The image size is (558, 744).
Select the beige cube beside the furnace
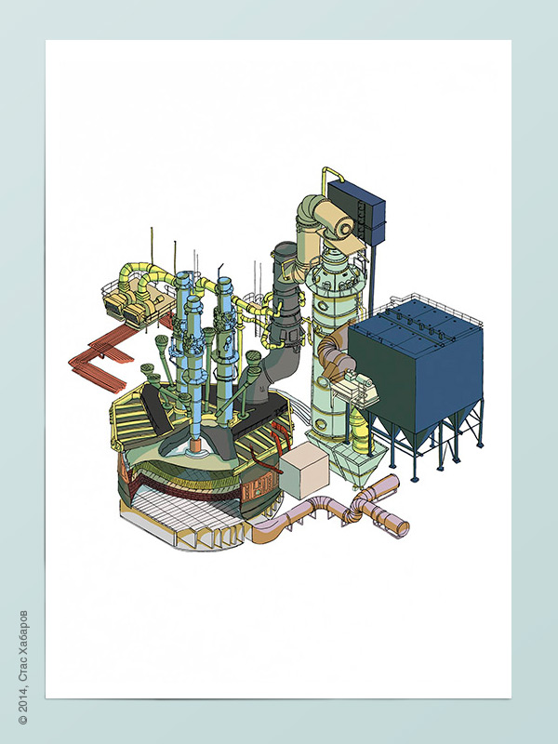click(304, 472)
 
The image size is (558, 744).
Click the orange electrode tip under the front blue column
click(195, 446)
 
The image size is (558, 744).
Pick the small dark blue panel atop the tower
click(356, 206)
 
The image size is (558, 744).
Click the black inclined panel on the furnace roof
click(156, 409)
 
